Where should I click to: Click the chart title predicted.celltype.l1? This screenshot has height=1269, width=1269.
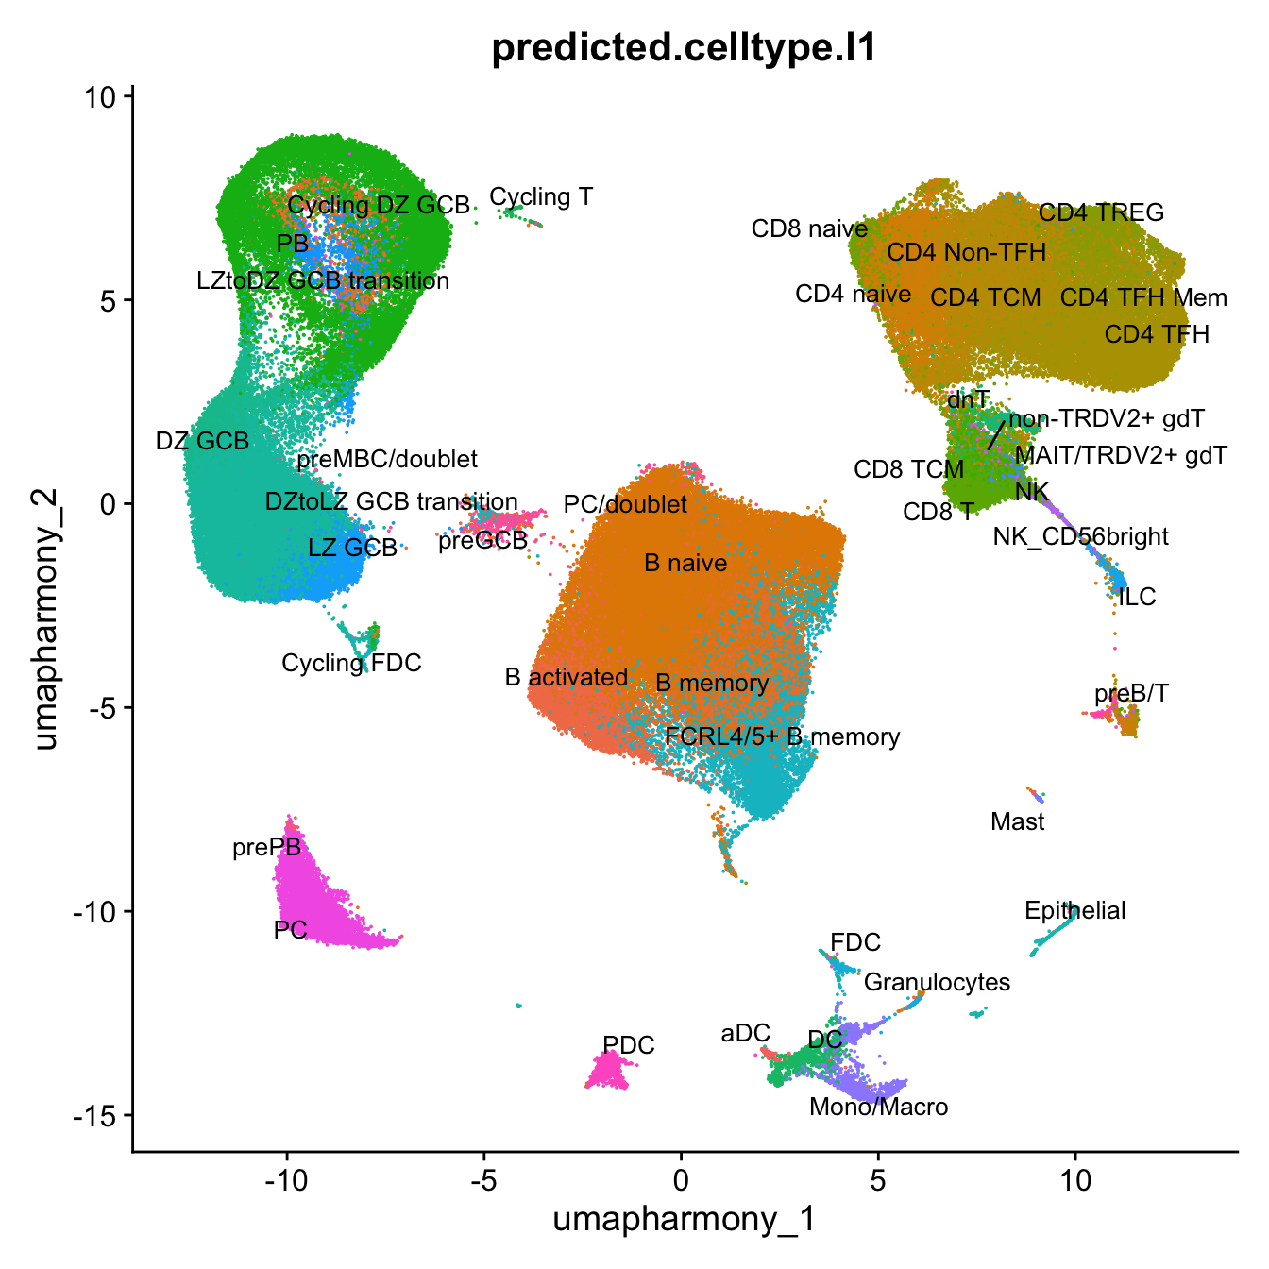(685, 48)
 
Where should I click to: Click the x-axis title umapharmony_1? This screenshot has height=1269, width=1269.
(684, 1219)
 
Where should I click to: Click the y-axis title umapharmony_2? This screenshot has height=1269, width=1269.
(45, 618)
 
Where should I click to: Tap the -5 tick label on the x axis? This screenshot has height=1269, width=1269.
(482, 1179)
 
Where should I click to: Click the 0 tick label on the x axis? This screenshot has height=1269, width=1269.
(681, 1179)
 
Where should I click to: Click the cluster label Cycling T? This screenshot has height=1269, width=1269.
(541, 196)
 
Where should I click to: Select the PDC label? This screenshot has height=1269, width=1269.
(628, 1045)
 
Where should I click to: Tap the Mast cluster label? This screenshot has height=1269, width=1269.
(1017, 821)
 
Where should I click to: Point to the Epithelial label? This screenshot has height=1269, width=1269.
(1074, 910)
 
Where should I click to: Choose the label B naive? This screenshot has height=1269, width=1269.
(685, 564)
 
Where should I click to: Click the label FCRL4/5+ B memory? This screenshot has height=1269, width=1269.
(782, 736)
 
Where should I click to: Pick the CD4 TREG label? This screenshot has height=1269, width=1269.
(1101, 212)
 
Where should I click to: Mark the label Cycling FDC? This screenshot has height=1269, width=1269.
(351, 663)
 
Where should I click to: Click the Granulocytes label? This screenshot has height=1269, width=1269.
(937, 982)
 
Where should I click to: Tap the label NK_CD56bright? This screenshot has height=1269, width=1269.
(1080, 537)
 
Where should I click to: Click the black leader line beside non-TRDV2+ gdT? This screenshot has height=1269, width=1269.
(995, 435)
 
